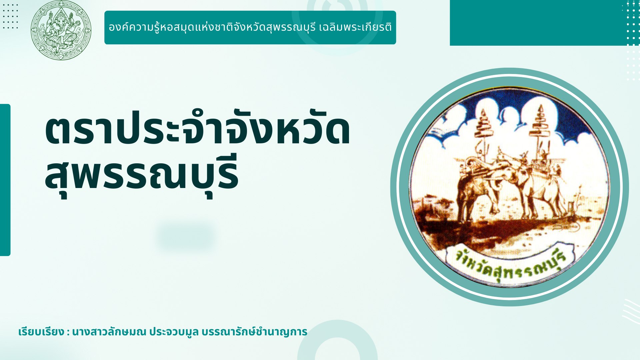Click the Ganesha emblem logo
[61, 30]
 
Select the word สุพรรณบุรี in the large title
[142, 175]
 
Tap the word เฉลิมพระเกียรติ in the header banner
[355, 27]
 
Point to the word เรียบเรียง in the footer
[41, 332]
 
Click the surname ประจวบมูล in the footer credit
[174, 332]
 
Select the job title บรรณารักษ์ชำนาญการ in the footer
[255, 332]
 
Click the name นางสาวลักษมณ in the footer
[109, 332]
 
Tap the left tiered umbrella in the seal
[484, 123]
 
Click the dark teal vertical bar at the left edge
[5, 180]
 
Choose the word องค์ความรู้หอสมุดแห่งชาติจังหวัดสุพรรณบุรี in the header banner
[212, 27]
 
